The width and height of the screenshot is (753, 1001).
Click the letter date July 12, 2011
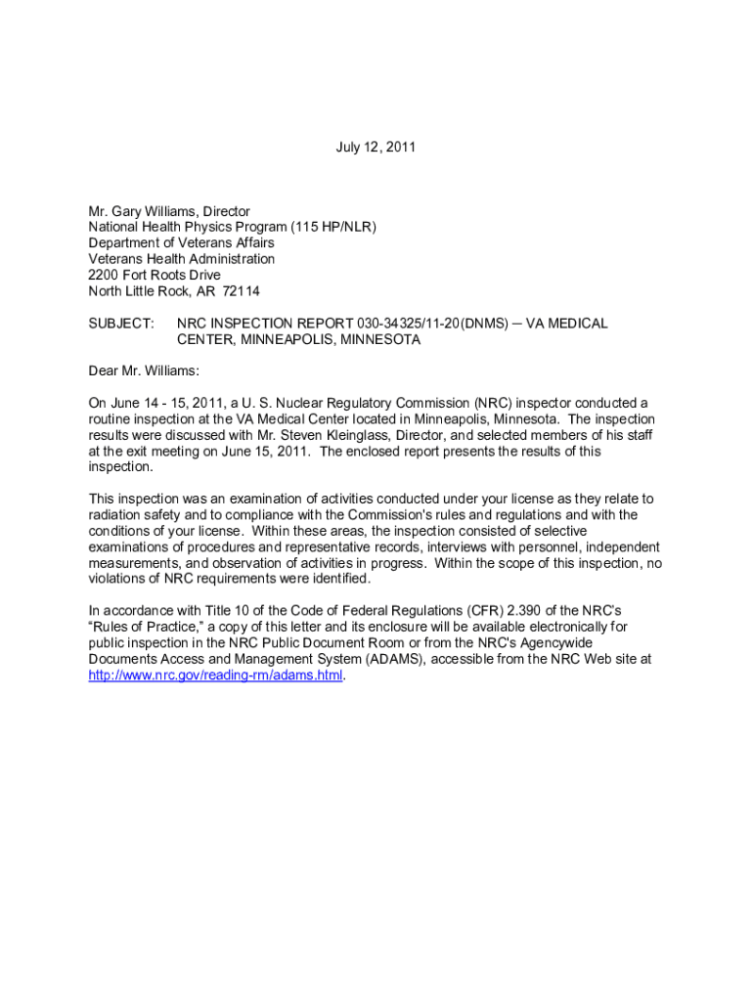pos(376,148)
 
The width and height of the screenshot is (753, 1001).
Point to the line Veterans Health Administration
pos(182,259)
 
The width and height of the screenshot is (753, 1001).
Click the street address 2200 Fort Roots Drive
pos(155,275)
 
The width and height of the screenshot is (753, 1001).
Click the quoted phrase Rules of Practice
pos(143,626)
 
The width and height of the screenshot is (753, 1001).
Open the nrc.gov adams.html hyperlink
pos(216,675)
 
